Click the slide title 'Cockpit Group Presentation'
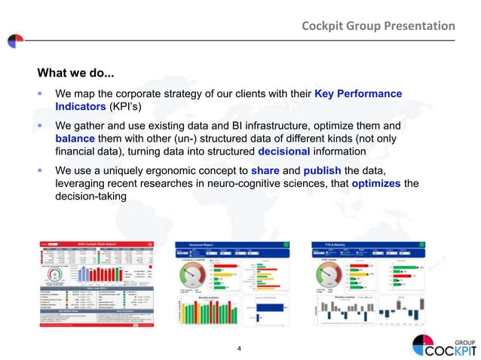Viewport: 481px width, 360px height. [x=378, y=26]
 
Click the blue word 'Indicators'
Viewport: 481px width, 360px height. [x=82, y=107]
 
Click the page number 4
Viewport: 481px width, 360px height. [x=239, y=348]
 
